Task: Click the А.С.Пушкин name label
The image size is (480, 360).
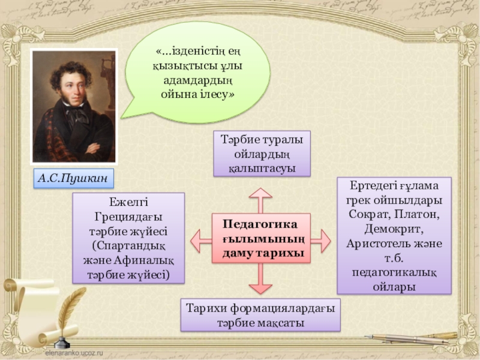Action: coord(74,178)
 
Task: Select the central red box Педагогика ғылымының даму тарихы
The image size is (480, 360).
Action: coord(260,239)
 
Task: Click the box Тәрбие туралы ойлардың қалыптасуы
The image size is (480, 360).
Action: coord(262,154)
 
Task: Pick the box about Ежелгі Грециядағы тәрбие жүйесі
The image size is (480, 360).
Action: coord(128,238)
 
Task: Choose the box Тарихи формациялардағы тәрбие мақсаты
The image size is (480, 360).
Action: coord(260,315)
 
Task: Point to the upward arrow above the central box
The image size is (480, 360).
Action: coord(260,199)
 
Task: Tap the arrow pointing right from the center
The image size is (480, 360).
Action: coord(320,241)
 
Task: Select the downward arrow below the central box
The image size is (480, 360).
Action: coord(260,280)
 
